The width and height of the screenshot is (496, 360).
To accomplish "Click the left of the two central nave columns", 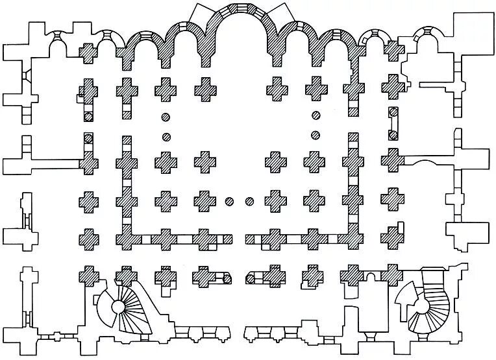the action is tap(229, 200).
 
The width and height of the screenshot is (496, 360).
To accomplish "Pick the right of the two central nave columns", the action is tap(249, 200).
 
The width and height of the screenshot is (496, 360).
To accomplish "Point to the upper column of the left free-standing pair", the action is tap(166, 117).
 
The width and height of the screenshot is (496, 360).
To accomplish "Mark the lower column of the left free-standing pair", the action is tap(166, 137).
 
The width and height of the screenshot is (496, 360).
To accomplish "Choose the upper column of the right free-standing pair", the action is tap(316, 117).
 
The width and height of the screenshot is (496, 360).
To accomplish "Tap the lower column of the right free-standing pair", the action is tap(316, 136).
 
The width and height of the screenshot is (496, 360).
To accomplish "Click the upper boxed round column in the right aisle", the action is tap(392, 114).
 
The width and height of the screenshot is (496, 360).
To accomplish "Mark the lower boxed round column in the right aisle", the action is tap(392, 135).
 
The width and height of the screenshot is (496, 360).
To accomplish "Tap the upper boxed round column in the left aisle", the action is tap(88, 117).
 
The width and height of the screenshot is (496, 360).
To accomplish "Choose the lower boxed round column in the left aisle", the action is tap(88, 138).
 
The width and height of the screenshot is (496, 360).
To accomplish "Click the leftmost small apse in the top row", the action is tap(58, 39).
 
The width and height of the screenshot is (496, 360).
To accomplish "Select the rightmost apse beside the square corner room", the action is tap(425, 40).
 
